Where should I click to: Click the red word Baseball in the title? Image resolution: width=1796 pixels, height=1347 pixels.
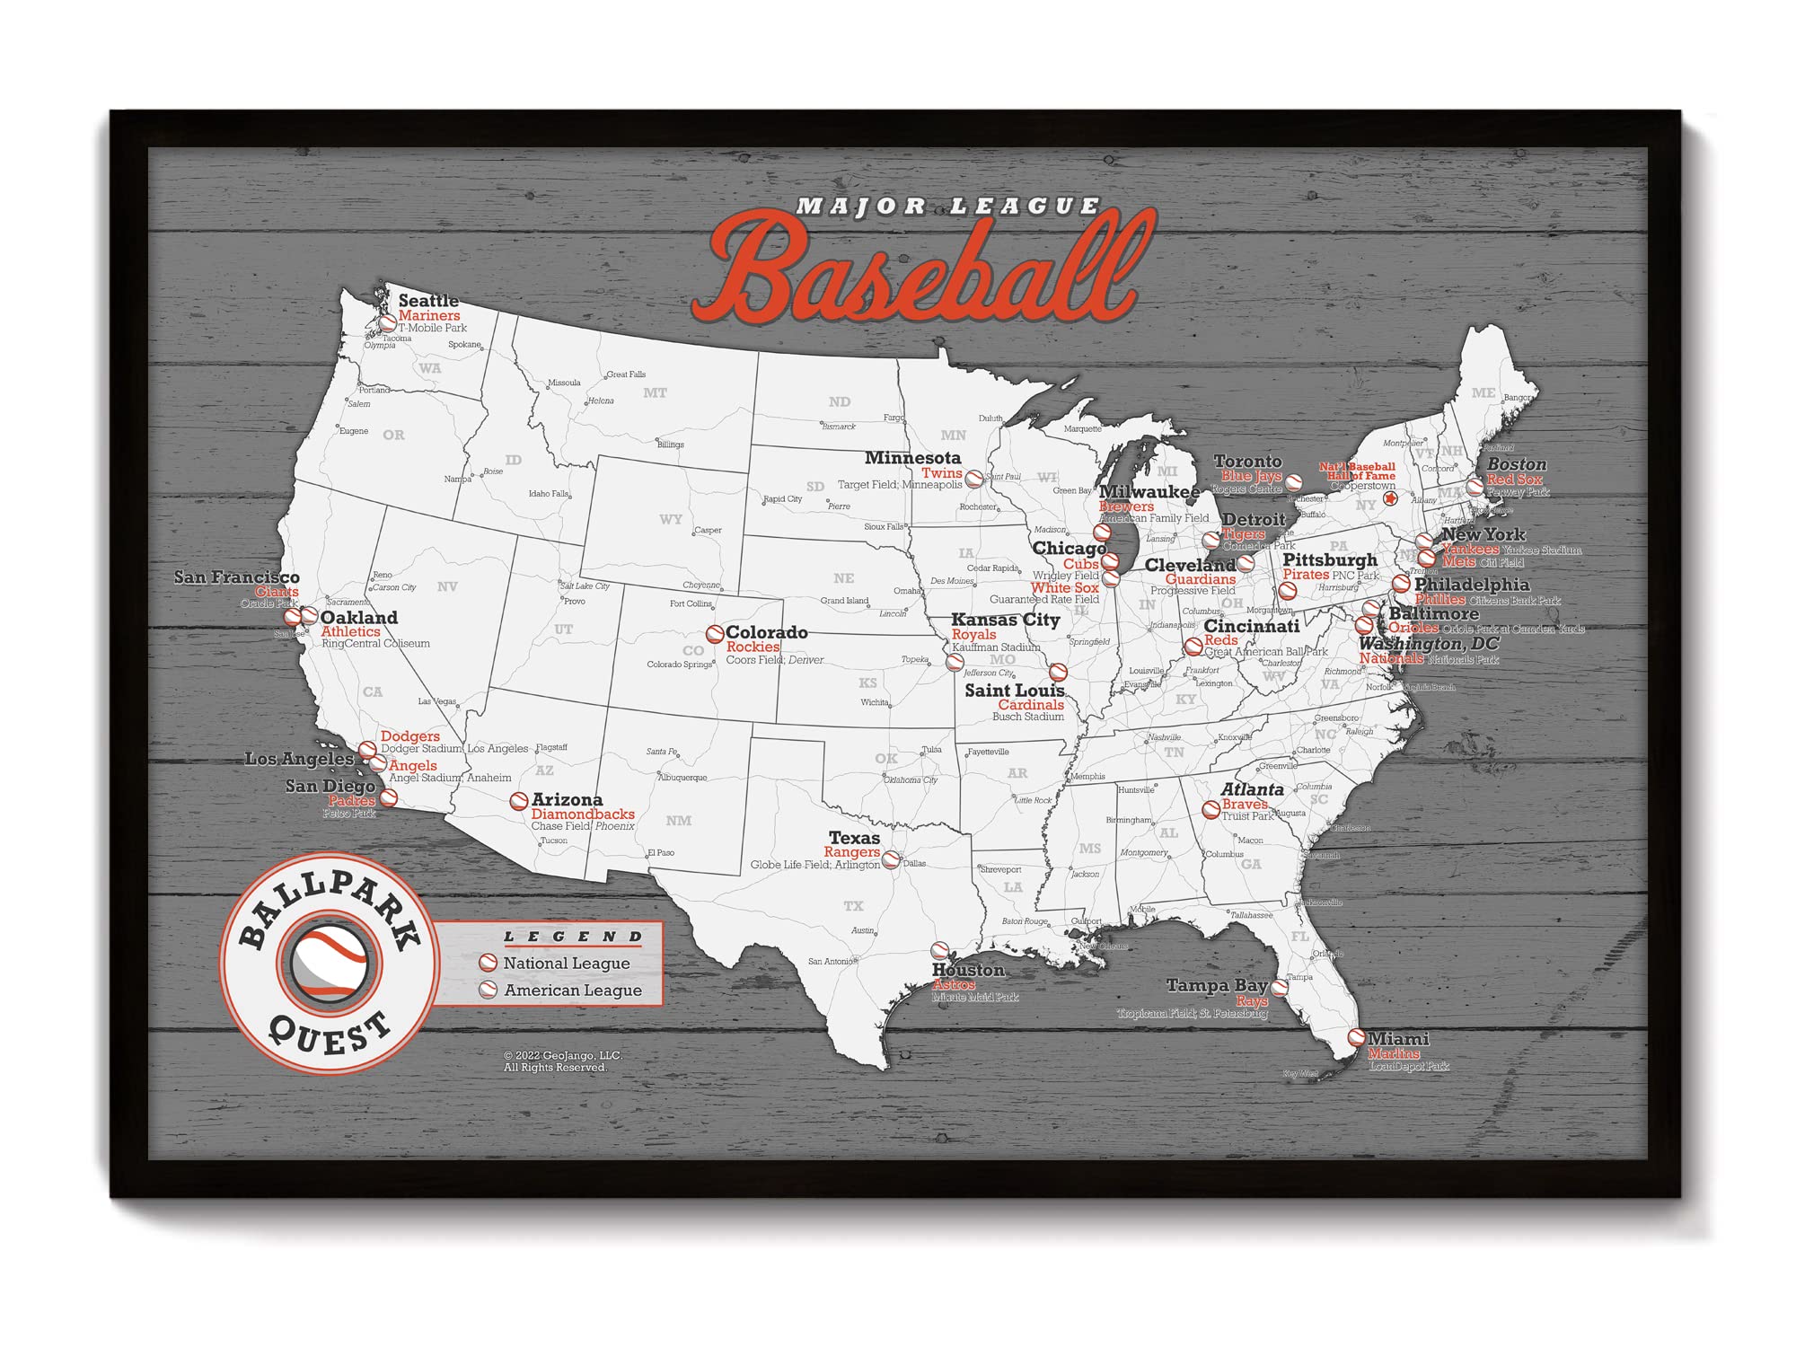[x=925, y=269]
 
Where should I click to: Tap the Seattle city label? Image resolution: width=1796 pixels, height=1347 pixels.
[x=428, y=301]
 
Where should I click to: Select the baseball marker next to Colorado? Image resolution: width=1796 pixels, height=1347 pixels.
[x=715, y=635]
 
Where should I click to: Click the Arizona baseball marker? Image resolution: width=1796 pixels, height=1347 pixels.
[x=519, y=801]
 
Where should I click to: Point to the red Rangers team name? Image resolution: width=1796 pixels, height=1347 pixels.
[x=851, y=852]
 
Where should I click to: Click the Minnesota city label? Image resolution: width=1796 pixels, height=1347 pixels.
[x=912, y=458]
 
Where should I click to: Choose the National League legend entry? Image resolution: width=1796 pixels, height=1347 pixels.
[x=566, y=964]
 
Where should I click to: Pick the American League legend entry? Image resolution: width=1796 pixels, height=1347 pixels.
[x=572, y=990]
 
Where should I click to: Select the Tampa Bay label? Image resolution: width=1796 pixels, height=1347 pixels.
[x=1217, y=986]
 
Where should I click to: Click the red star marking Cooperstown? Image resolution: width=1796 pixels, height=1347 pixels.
[x=1390, y=499]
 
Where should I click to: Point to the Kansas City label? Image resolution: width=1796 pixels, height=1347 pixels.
[x=1005, y=620]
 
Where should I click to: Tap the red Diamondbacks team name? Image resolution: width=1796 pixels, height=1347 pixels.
[x=583, y=814]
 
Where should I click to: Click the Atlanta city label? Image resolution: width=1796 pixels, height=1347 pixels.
[x=1252, y=789]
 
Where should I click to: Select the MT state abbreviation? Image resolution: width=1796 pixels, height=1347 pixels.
[x=655, y=393]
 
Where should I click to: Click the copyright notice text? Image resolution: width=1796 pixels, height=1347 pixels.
[x=562, y=1061]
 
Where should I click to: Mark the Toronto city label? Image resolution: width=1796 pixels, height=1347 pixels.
[x=1247, y=462]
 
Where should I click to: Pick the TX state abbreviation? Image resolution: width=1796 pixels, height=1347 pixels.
[x=853, y=906]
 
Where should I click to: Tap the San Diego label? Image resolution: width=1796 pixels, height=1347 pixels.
[x=330, y=787]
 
